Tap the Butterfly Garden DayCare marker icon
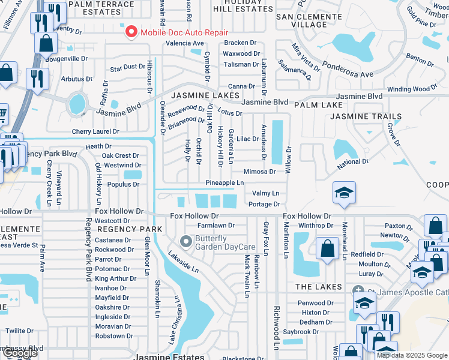point(186,242)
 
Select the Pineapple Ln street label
point(224,182)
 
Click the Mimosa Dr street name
point(259,172)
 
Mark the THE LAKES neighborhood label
point(319,287)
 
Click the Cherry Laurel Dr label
point(95,131)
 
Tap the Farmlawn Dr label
point(216,226)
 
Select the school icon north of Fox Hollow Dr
point(345,193)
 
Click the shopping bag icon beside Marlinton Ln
point(327,249)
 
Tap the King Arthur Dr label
point(112,278)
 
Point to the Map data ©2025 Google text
point(412,355)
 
